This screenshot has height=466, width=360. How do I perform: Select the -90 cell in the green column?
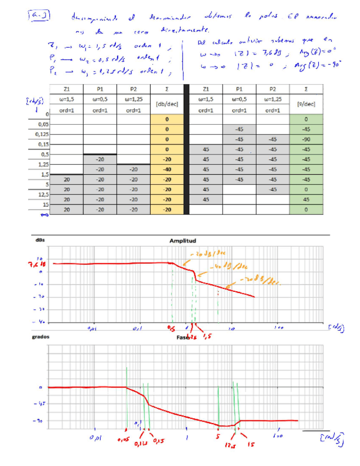click(306, 139)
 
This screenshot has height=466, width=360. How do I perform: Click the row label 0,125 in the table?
click(42, 134)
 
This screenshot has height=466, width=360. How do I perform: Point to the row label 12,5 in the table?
click(42, 194)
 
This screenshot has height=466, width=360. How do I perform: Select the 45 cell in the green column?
click(306, 199)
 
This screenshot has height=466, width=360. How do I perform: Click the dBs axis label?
click(40, 240)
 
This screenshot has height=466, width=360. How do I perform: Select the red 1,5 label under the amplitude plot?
click(207, 336)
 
